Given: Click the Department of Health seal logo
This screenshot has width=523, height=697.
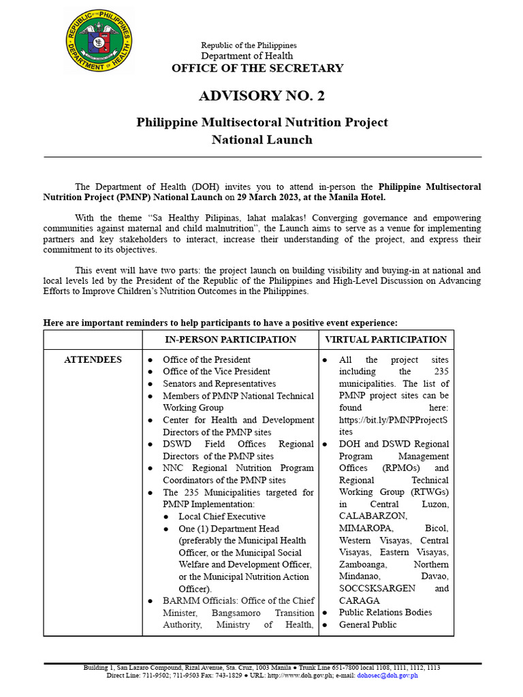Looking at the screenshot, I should pos(99,42).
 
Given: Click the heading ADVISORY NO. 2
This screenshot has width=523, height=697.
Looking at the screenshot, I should pos(261,96).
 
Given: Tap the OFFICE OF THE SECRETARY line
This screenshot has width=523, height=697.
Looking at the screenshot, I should pos(257,68).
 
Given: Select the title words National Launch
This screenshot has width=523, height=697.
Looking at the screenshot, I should pos(261,140).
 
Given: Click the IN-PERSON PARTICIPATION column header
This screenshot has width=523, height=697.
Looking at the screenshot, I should pos(230,340).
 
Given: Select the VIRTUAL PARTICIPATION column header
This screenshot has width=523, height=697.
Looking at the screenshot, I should pos(385,340).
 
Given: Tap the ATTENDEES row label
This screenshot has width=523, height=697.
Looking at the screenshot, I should pos(93,359).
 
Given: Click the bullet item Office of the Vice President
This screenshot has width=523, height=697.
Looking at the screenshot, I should pos(216,372).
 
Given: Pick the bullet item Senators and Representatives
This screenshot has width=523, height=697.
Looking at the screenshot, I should pos(219,384).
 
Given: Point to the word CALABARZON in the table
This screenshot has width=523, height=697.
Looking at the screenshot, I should pos(370,516).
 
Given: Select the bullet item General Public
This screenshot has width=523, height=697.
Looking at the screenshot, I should pos(368,625).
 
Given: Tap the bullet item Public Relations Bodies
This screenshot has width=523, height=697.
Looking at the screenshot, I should pos(385,613).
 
